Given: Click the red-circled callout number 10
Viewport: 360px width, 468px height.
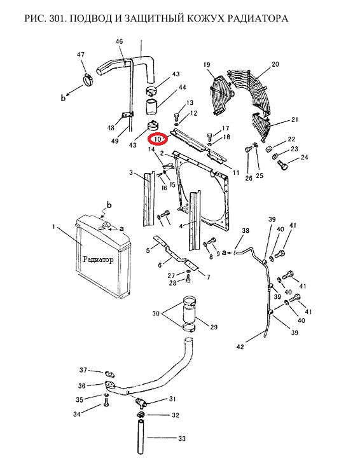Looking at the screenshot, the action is [157, 139].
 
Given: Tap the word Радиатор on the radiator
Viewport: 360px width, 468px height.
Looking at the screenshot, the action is [98, 259].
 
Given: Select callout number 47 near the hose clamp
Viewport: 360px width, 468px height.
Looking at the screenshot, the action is [81, 55].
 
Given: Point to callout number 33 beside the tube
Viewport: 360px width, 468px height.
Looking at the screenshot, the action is [182, 439].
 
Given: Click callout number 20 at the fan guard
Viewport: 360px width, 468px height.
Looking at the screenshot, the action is [275, 64].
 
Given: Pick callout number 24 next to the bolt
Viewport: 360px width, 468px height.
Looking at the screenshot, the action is [304, 157].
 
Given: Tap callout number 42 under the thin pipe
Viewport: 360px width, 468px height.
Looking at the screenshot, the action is [240, 347].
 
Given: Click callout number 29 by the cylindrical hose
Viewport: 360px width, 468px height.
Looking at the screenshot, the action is [214, 327].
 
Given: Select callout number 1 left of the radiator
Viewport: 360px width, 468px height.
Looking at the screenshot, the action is [53, 227].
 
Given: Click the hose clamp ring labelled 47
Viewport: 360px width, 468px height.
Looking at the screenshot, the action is [88, 80].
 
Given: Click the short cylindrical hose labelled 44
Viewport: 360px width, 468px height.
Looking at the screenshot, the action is [153, 107].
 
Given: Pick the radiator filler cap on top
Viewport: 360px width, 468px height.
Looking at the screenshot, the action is [106, 225].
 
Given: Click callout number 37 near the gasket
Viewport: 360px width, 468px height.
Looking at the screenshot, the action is [83, 370].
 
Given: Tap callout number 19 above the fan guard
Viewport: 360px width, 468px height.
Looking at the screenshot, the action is [207, 65].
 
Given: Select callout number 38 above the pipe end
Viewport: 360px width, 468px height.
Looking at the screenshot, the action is [246, 231].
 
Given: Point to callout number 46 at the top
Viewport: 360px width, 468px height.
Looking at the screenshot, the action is [119, 41].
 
